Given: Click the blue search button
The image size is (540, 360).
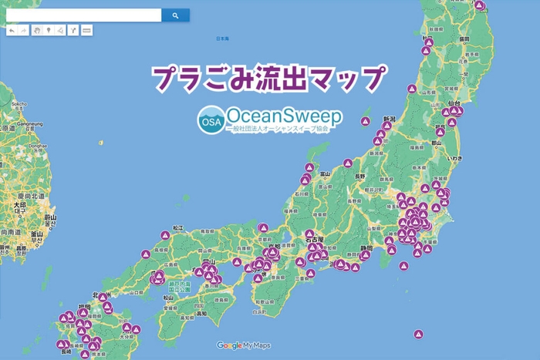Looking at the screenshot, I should [x=175, y=15].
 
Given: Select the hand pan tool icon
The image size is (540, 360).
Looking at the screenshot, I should [x=36, y=30].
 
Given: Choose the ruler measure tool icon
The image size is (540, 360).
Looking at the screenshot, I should [x=86, y=30].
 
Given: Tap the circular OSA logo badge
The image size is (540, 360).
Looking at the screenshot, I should [x=209, y=121].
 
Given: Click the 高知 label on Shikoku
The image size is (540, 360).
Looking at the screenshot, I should [x=200, y=314].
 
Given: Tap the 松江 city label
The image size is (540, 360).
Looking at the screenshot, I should [x=178, y=227].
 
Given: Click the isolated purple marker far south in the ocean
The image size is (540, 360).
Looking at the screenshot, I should [x=418, y=335].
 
